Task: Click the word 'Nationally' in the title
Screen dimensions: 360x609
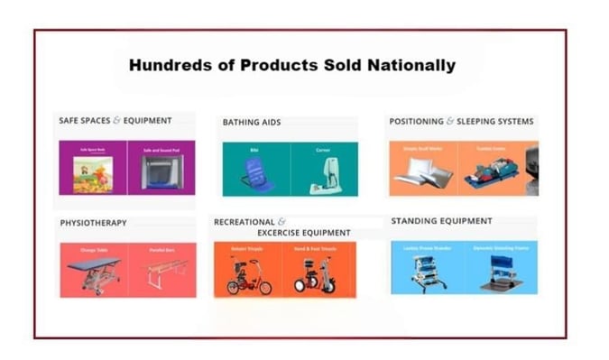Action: click(x=411, y=65)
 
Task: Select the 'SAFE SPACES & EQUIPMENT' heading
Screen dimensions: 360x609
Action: click(x=115, y=121)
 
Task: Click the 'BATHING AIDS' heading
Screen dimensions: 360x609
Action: click(x=252, y=122)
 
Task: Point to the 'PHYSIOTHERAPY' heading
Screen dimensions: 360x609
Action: click(x=93, y=223)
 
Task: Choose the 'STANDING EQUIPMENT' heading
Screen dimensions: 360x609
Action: click(x=441, y=221)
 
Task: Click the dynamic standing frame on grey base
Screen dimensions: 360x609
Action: click(x=502, y=274)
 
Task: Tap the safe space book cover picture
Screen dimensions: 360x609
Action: click(x=93, y=174)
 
